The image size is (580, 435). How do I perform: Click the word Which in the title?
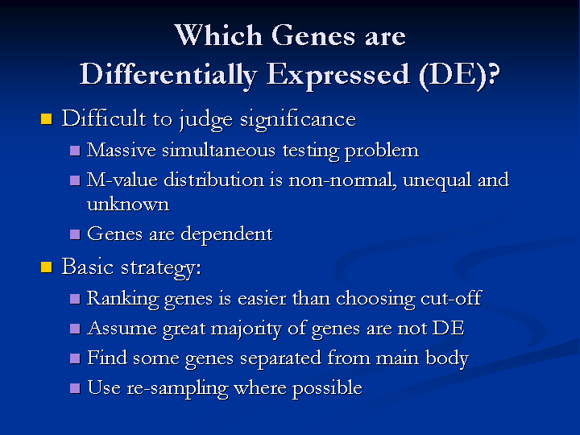tap(218, 35)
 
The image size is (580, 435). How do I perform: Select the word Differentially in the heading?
tap(168, 75)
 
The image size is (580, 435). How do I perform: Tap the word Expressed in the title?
tap(338, 76)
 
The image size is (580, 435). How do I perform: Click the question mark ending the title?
tap(494, 73)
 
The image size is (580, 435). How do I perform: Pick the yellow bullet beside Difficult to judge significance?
tap(46, 118)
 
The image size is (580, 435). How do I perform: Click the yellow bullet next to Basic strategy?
tap(46, 267)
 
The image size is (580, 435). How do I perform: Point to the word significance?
tap(298, 119)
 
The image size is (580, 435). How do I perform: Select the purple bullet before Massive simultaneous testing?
tap(75, 151)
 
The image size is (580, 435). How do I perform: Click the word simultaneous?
tap(218, 151)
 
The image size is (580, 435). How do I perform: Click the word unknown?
tap(128, 204)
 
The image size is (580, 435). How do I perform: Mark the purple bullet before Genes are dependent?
tap(75, 234)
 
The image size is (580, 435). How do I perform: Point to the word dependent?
tap(226, 234)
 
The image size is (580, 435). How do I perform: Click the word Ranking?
tap(122, 299)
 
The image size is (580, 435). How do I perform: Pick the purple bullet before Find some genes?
tap(75, 358)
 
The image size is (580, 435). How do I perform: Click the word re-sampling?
tap(178, 388)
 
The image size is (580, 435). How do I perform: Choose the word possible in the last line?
tap(327, 388)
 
